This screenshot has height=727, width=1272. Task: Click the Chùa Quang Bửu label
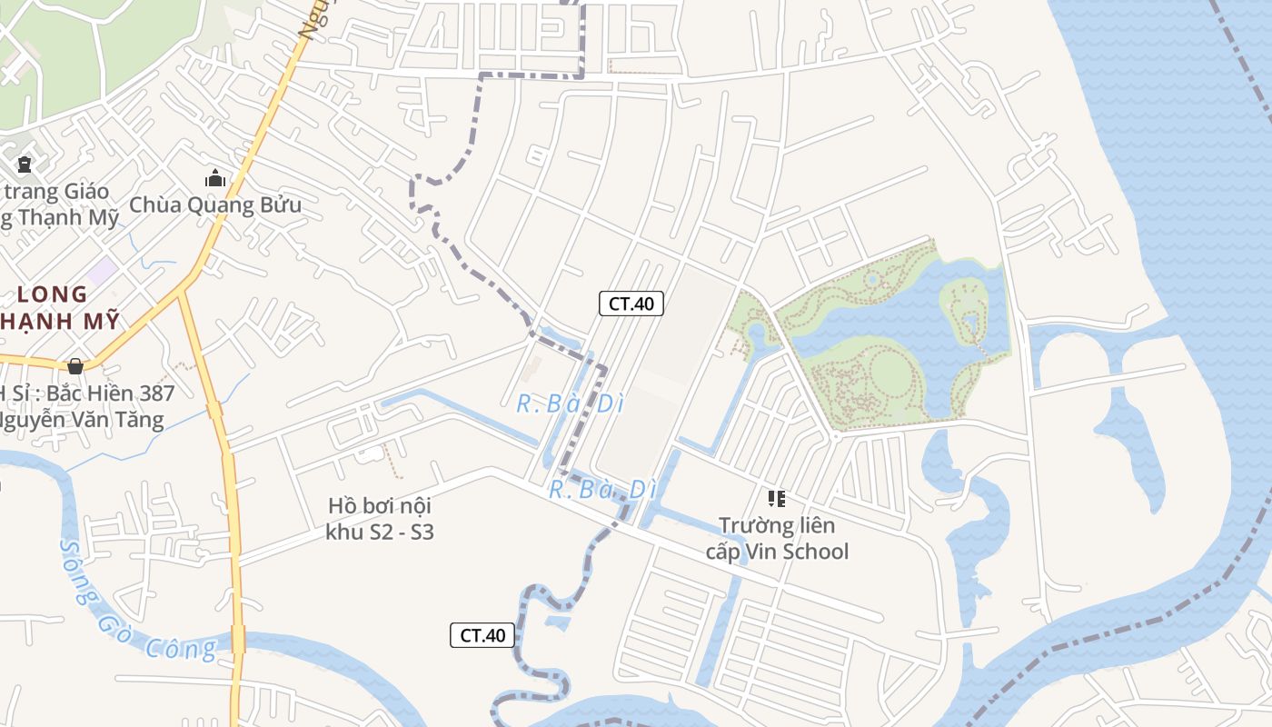[215, 204]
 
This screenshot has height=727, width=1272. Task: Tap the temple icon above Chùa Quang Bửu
[215, 178]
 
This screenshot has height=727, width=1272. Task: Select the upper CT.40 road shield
[631, 304]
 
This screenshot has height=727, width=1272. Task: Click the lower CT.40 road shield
[482, 635]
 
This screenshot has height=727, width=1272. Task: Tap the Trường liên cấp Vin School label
[777, 538]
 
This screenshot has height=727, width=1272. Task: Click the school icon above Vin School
[777, 498]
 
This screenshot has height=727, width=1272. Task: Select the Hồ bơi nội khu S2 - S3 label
[380, 518]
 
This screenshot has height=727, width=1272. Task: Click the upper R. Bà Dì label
[571, 403]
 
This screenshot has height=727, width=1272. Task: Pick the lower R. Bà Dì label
[601, 489]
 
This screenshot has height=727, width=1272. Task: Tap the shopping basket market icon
[75, 365]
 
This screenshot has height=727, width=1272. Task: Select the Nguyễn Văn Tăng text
[82, 419]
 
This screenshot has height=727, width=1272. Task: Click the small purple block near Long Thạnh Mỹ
[103, 270]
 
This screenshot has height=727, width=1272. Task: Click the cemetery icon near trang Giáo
[25, 165]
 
